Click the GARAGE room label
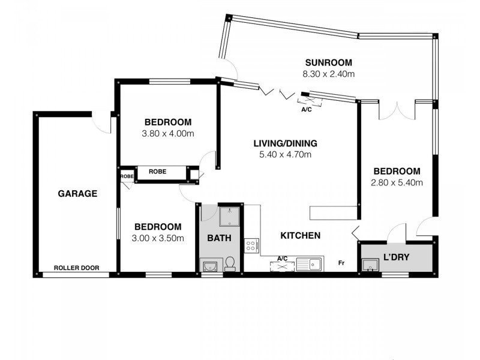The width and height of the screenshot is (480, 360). pyautogui.click(x=77, y=193)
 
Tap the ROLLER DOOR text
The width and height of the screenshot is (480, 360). pyautogui.click(x=76, y=268)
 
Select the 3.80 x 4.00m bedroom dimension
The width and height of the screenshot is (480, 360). pyautogui.click(x=167, y=134)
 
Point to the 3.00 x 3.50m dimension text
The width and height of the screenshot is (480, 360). pyautogui.click(x=158, y=238)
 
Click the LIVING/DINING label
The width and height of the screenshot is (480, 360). pyautogui.click(x=284, y=143)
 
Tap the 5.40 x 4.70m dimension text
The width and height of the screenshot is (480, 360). pyautogui.click(x=285, y=155)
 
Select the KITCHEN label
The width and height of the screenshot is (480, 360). pyautogui.click(x=300, y=235)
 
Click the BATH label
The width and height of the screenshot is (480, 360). pyautogui.click(x=219, y=238)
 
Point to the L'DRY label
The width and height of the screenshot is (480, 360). pyautogui.click(x=396, y=257)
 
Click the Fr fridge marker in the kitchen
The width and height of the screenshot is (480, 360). pyautogui.click(x=341, y=263)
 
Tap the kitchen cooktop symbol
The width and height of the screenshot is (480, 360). pyautogui.click(x=251, y=245)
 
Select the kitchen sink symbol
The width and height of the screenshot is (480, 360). pyautogui.click(x=313, y=263)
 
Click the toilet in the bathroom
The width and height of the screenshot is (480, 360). pyautogui.click(x=229, y=264)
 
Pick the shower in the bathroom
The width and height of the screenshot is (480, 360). pyautogui.click(x=229, y=216)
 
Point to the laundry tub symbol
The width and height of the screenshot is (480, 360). pyautogui.click(x=369, y=265)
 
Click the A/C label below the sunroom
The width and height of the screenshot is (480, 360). pyautogui.click(x=306, y=110)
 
